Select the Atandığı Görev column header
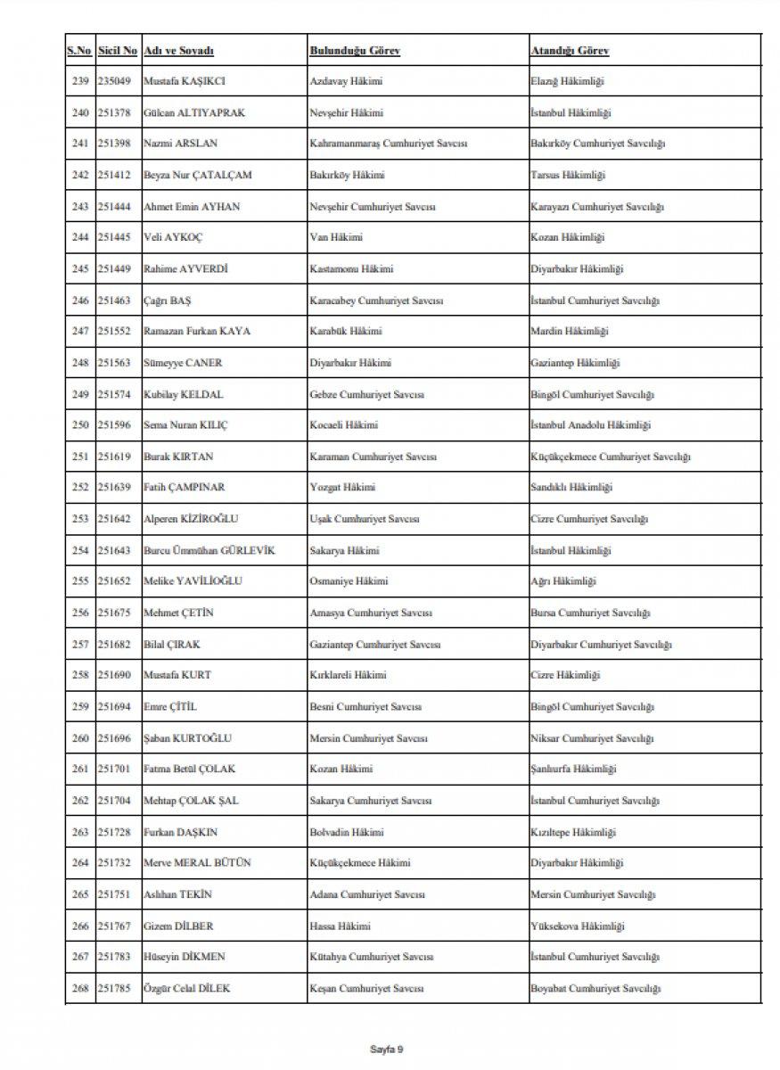570,52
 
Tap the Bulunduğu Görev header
354,52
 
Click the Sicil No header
117,52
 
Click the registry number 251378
115,113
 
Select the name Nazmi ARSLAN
178,144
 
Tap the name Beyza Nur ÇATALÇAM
197,176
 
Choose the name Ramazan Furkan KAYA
197,332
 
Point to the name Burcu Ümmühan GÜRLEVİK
209,551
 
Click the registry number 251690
115,676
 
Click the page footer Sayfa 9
387,1049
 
